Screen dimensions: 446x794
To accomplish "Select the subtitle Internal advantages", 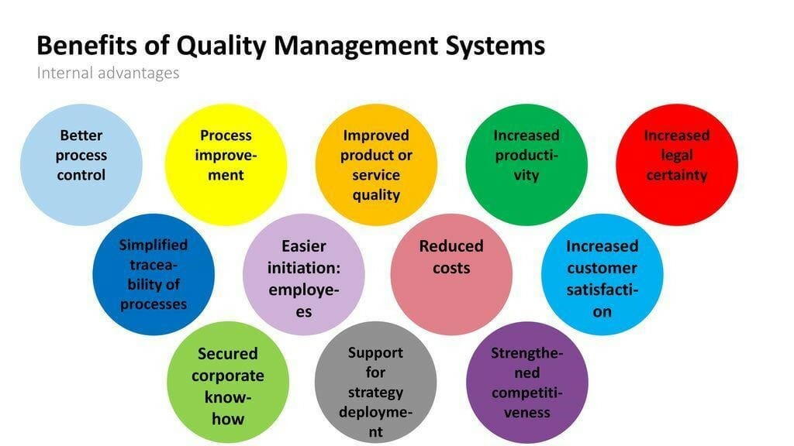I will click(x=108, y=73).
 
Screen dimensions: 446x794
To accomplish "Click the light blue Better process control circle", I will click(x=81, y=165).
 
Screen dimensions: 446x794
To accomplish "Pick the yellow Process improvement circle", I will click(x=226, y=165).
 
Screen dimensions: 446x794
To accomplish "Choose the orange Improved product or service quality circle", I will click(x=376, y=165).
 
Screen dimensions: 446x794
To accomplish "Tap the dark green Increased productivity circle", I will click(x=526, y=165).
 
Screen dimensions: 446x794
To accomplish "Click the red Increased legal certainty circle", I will click(x=676, y=165).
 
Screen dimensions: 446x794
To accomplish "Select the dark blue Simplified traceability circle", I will click(x=154, y=274).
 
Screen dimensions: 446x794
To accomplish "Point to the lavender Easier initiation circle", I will click(x=304, y=274).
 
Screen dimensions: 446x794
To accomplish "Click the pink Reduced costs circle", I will click(x=451, y=274).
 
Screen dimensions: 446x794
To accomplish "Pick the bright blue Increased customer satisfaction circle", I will click(x=602, y=274).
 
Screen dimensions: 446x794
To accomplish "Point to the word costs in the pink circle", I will click(x=451, y=268).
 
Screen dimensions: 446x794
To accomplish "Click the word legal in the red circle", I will click(x=677, y=156).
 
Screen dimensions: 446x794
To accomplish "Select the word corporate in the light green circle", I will click(x=228, y=376).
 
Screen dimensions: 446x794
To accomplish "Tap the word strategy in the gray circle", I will click(x=376, y=392).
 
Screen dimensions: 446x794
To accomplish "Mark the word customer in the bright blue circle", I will click(x=602, y=268).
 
